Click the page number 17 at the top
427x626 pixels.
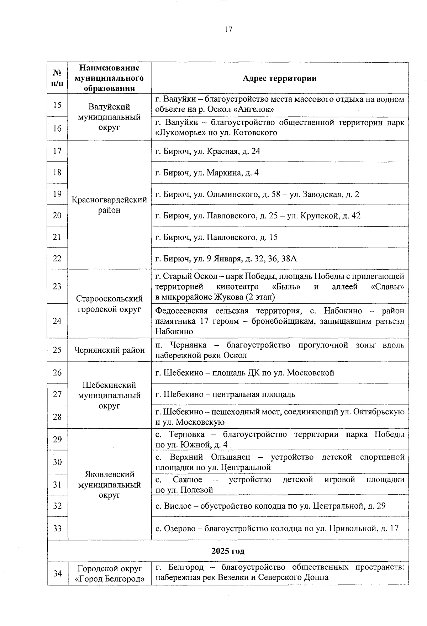point(228,30)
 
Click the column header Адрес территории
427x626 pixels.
point(279,78)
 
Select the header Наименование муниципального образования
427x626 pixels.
point(109,78)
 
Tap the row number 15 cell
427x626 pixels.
point(57,105)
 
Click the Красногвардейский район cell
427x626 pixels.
point(109,205)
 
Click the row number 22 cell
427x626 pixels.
point(57,258)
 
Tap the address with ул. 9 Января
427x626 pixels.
point(226,259)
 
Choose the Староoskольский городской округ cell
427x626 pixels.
point(109,304)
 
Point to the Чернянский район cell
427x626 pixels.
point(109,350)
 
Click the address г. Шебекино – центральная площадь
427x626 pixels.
point(225,394)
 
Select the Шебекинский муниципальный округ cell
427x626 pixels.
point(109,395)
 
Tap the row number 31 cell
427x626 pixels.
point(57,484)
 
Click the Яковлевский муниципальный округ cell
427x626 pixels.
point(109,484)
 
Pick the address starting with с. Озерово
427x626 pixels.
point(277,529)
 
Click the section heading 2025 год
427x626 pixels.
point(228,551)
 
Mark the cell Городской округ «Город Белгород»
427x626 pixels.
point(109,574)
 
